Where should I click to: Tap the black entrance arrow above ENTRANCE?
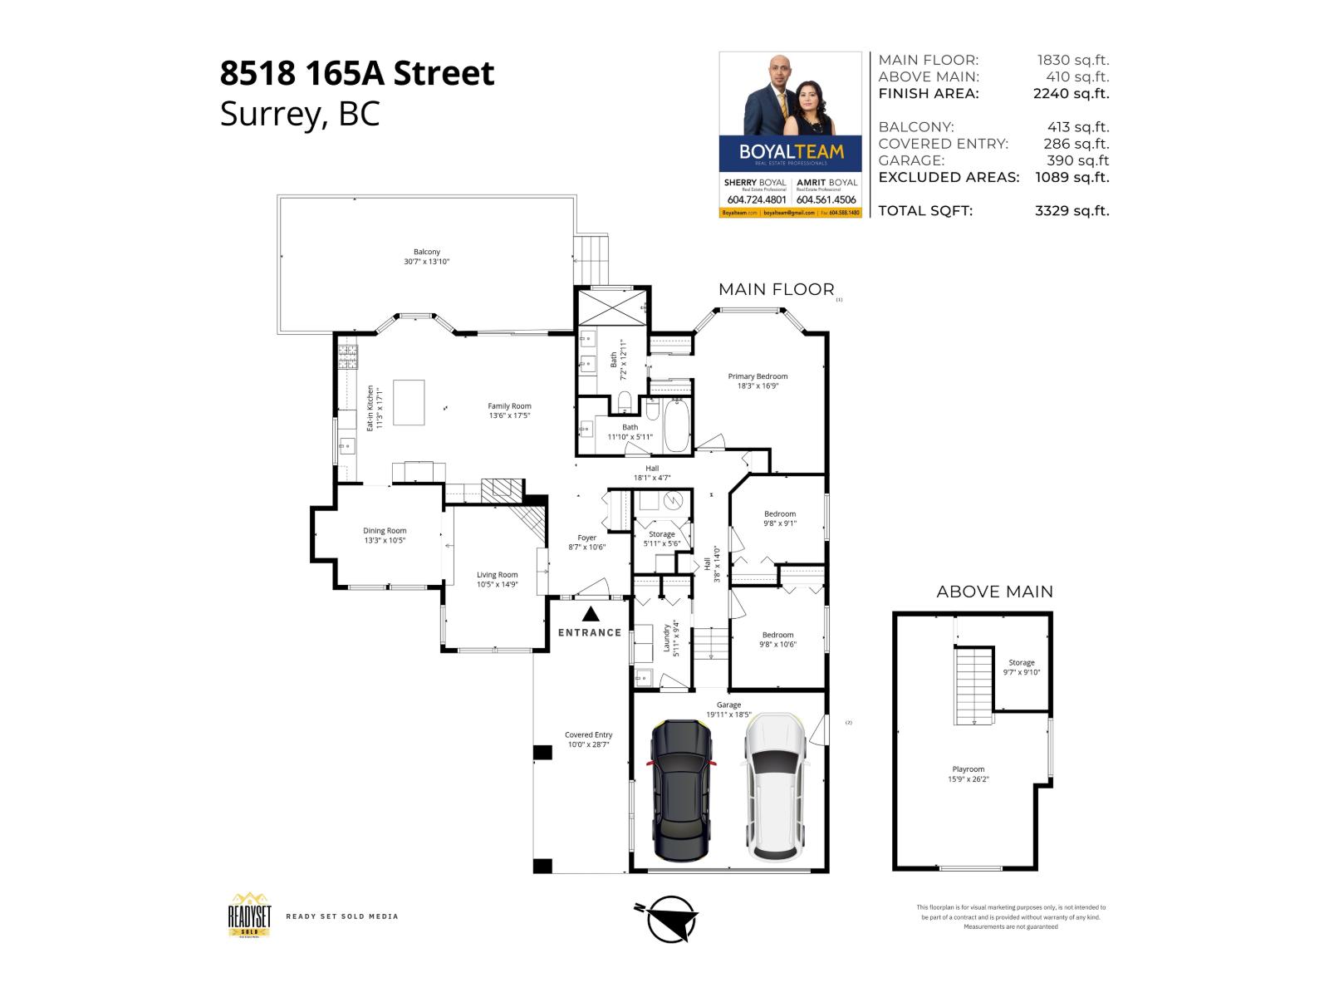coord(591,614)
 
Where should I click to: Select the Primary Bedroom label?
coord(758,381)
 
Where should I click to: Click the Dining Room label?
coord(385,535)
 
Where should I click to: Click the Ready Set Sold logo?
coord(250,916)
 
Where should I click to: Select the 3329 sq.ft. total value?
coord(1072,211)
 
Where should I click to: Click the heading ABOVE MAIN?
coord(994,592)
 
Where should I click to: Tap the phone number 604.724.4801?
coord(756,200)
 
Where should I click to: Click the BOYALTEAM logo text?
coord(791,152)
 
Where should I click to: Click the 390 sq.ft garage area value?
coord(1077,160)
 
